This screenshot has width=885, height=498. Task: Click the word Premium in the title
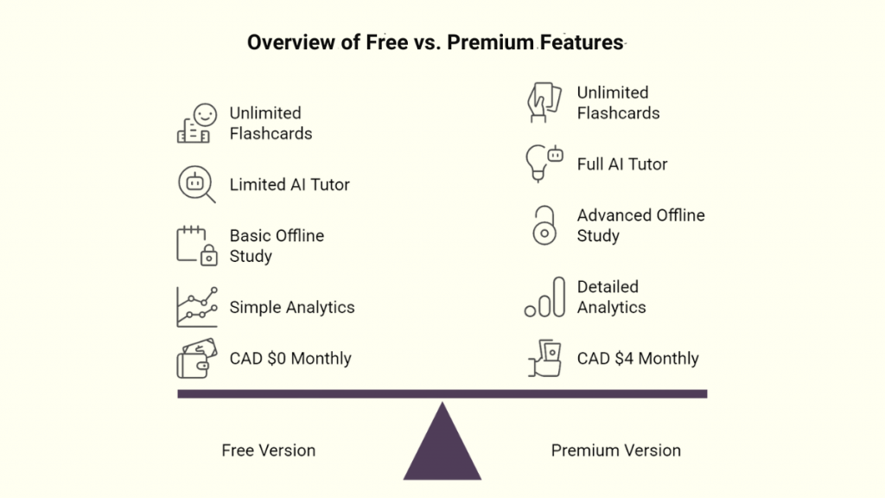point(490,42)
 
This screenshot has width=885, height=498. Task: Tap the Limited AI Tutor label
point(290,184)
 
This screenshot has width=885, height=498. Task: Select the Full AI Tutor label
point(622,164)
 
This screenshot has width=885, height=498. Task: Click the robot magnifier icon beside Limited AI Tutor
point(196,184)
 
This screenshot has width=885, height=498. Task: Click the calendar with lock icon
point(196,246)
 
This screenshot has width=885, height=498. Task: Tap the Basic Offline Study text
point(277,246)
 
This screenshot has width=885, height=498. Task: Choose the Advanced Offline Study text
point(640,225)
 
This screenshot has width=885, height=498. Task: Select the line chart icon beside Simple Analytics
point(196,307)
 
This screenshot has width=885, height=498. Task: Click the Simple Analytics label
point(292,307)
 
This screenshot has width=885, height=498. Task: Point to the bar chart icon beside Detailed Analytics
point(544,297)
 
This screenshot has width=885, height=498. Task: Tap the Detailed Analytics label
point(612,297)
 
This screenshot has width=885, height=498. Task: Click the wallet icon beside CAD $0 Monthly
point(196,358)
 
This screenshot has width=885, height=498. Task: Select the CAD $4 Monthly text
point(638,358)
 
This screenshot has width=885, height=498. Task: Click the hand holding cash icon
point(544,358)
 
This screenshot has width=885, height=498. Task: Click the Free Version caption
point(269,450)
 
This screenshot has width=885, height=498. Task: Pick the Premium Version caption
point(616,450)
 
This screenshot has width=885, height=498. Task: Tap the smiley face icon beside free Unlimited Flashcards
point(205,113)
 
